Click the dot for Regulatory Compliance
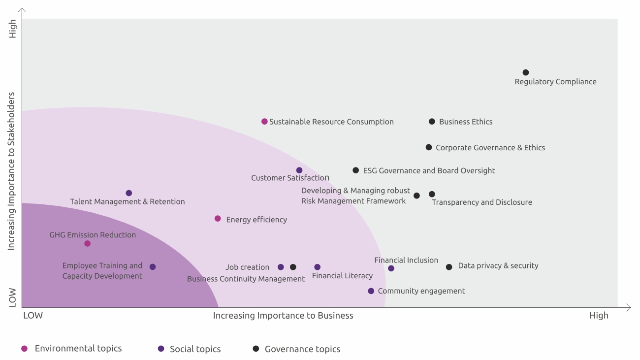(526, 72)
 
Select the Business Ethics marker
(432, 122)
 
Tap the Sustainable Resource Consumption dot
(264, 122)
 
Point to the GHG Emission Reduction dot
(88, 243)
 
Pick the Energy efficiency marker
(218, 219)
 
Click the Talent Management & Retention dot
(129, 193)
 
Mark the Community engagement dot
(371, 291)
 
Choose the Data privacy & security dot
(449, 267)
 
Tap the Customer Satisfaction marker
(299, 170)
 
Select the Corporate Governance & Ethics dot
(429, 147)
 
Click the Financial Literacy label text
(342, 276)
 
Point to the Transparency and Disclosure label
(482, 202)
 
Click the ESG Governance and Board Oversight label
(429, 171)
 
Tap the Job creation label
(247, 267)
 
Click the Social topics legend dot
(161, 349)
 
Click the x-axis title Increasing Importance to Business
(283, 316)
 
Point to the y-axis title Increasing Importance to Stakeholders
(12, 171)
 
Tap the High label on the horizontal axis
(599, 316)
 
